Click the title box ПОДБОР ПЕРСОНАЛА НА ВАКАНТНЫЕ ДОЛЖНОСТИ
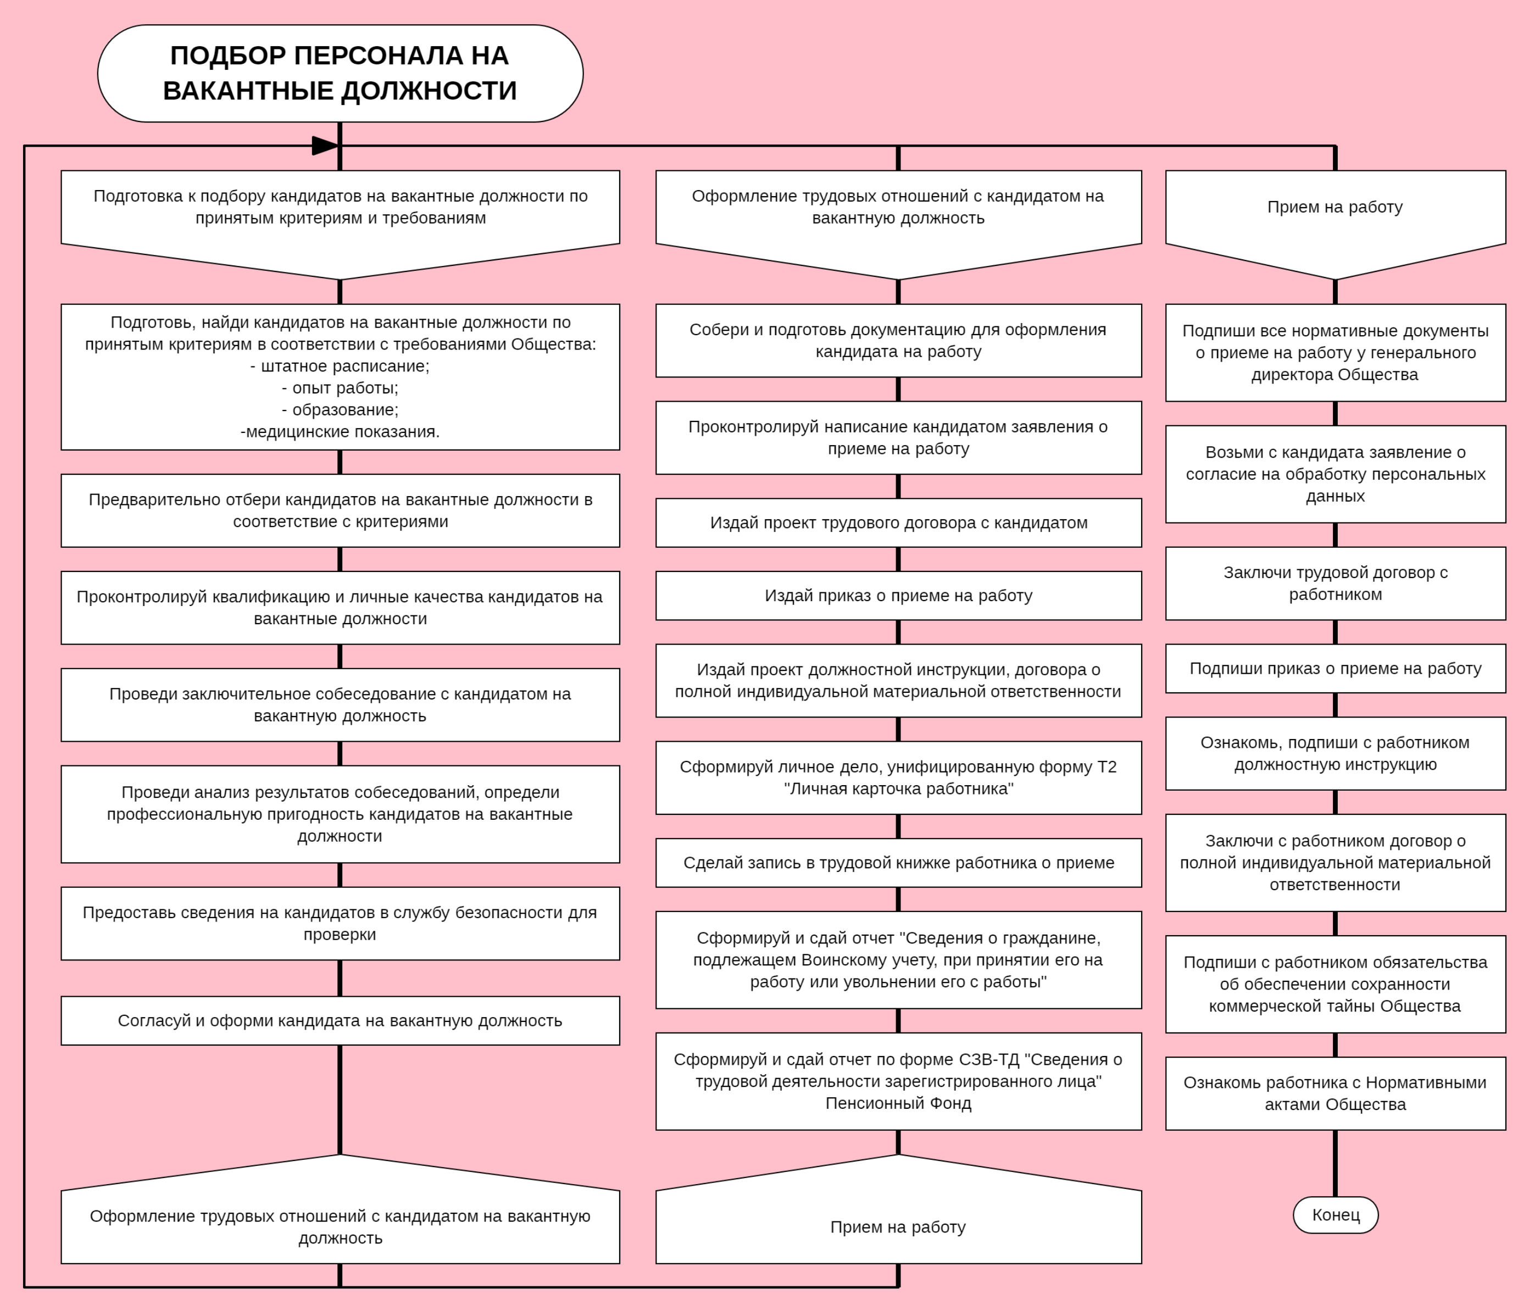[340, 73]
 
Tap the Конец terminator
[1335, 1214]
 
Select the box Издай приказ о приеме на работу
[898, 596]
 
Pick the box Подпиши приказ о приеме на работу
[1335, 668]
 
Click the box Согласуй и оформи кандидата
[340, 1020]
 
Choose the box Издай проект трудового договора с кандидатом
[898, 523]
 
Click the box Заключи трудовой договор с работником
[1335, 583]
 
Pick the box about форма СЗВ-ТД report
[898, 1081]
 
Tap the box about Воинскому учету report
[898, 960]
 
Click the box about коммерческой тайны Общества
[1335, 984]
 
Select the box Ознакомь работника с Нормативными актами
[1335, 1093]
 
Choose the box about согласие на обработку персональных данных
[1335, 474]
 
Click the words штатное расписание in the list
[340, 366]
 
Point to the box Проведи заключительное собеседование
[340, 704]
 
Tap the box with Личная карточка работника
[898, 777]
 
